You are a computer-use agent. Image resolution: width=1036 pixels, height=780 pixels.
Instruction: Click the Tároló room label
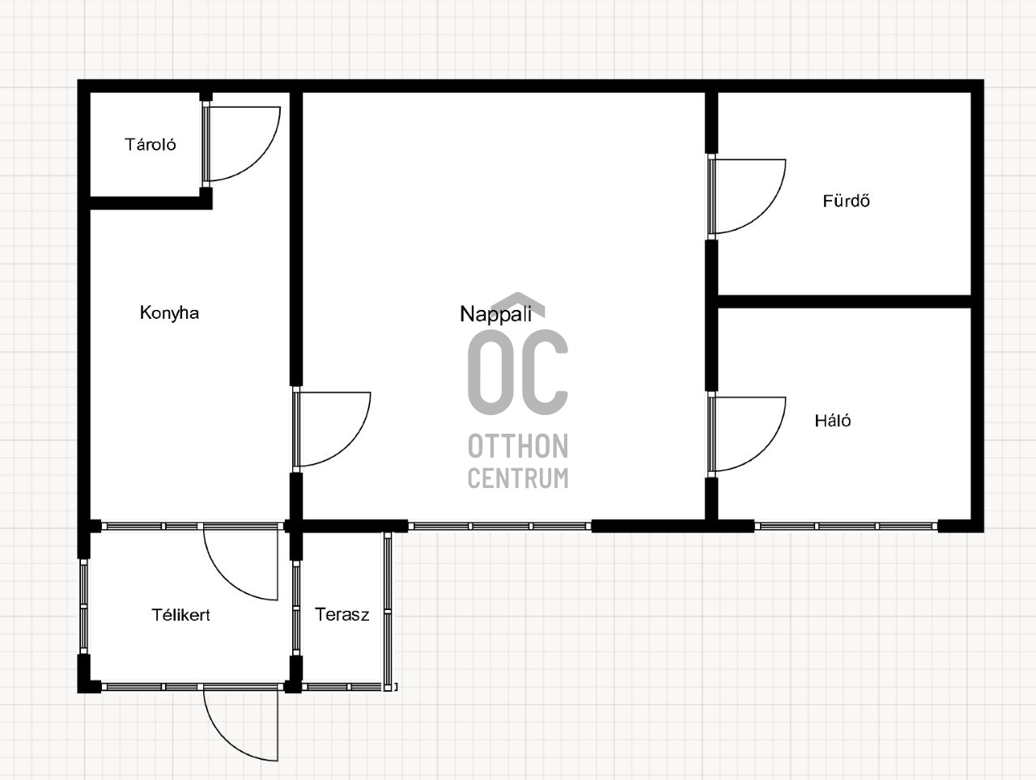[x=150, y=144]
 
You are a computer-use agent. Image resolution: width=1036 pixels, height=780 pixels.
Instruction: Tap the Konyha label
[x=169, y=313]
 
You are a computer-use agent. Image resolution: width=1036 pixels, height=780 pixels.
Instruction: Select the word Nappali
[x=496, y=315]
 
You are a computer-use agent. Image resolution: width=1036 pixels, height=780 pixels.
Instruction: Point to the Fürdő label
[x=847, y=201]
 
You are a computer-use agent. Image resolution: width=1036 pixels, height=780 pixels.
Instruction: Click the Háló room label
[x=833, y=421]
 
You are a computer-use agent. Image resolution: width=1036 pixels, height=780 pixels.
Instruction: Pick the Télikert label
[x=180, y=615]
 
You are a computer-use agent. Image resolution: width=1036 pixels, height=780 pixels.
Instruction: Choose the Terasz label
[x=342, y=614]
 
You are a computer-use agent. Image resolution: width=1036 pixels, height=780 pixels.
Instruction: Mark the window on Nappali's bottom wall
[x=500, y=526]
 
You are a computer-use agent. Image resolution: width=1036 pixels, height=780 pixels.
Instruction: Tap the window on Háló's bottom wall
[x=847, y=526]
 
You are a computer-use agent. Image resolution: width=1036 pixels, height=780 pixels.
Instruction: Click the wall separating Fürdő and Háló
[x=844, y=302]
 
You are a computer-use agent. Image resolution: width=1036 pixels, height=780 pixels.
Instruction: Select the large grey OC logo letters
[x=518, y=372]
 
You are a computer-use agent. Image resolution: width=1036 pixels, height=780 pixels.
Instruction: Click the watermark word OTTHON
[x=518, y=446]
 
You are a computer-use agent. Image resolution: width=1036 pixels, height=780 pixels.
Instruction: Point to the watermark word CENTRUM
[x=518, y=478]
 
